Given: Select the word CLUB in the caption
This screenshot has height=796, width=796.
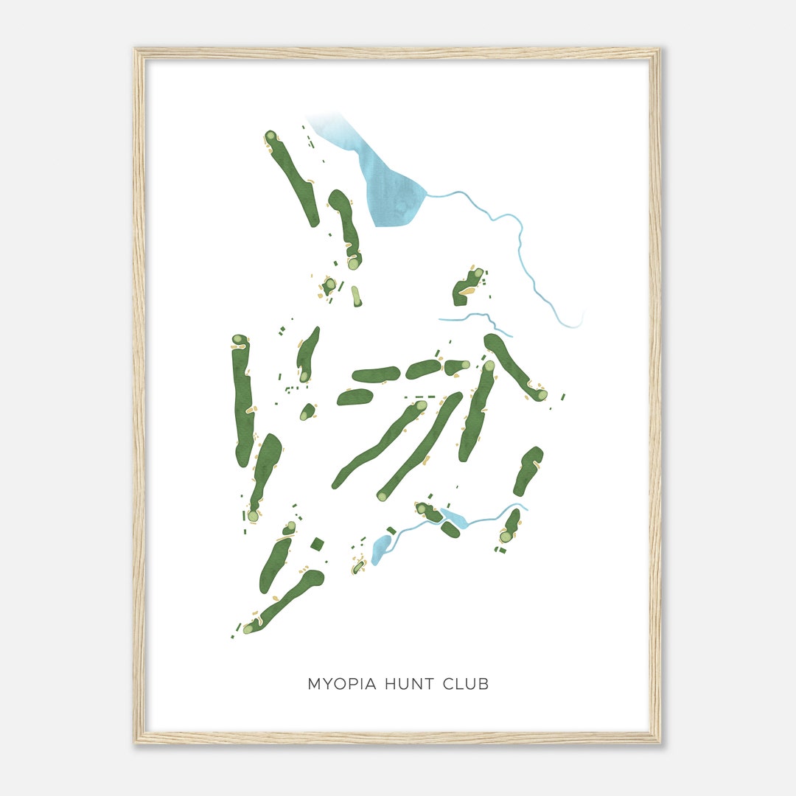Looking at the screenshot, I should tap(465, 684).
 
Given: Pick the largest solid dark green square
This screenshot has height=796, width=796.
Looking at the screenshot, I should tap(318, 544).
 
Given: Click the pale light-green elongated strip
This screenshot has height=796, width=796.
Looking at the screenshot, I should tap(357, 296).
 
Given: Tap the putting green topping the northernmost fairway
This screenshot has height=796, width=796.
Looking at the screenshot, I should tap(270, 136).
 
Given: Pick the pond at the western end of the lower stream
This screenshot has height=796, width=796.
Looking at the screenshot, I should tap(381, 548).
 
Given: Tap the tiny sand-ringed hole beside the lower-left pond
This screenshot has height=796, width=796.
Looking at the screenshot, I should tap(359, 566).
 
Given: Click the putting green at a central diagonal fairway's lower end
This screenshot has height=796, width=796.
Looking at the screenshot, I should tap(382, 495).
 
